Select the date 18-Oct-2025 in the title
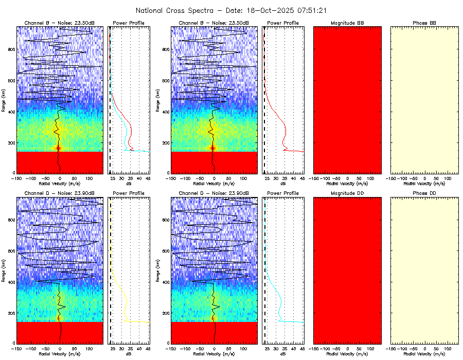click(268, 10)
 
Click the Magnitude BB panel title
click(347, 23)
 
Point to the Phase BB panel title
click(424, 23)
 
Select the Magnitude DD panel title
click(347, 193)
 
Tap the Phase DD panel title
click(424, 193)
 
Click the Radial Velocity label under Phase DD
click(424, 354)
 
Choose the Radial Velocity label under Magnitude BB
click(347, 183)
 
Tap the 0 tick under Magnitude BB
click(348, 178)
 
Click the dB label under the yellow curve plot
click(129, 354)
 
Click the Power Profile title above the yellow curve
click(129, 193)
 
